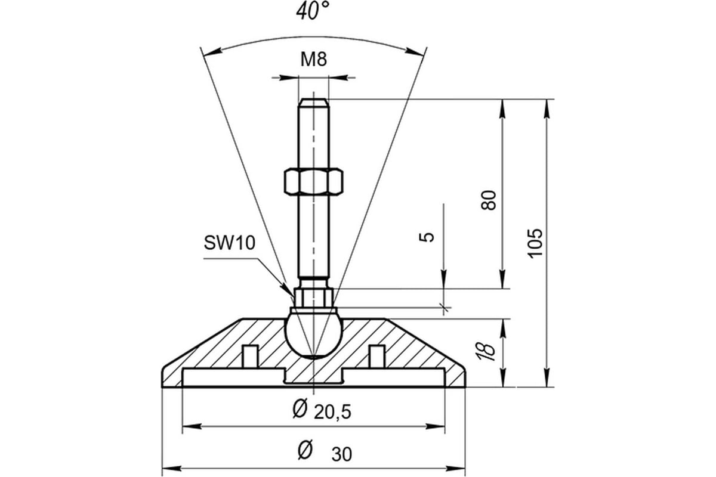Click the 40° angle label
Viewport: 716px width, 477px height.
coord(312,11)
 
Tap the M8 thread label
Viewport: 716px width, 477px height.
coord(314,59)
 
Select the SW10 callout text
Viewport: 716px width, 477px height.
coord(230,243)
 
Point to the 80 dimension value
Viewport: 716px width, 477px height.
coord(489,200)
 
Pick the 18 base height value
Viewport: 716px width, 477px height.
coord(486,352)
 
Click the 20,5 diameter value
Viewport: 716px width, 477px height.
coord(332,412)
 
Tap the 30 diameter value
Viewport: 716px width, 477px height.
coord(342,454)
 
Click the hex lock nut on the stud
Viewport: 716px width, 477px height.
coord(314,181)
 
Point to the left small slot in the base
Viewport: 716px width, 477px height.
coord(250,356)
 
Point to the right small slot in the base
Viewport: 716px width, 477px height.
coord(377,356)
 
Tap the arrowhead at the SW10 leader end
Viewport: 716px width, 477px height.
coord(286,286)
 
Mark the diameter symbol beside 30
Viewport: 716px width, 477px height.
coord(305,450)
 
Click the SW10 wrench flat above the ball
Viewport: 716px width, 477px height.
coord(314,298)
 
